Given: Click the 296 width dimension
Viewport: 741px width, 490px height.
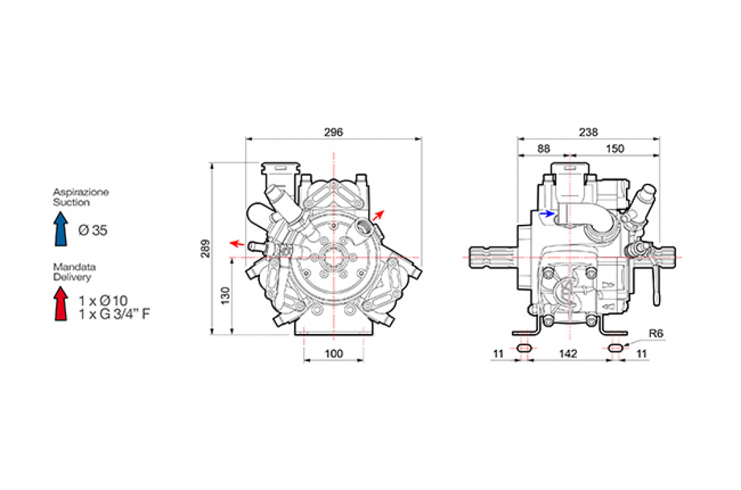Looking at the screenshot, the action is point(333,132).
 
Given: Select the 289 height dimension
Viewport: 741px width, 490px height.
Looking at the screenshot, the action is point(206,249).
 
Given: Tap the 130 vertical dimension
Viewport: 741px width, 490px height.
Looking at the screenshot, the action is point(226,296).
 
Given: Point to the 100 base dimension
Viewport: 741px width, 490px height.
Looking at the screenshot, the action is point(333,354).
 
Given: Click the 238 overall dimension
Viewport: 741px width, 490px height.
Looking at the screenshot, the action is point(588,132).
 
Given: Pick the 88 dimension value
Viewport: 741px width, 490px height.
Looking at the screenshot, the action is point(544,149).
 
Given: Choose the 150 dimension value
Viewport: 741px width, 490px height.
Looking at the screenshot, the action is point(615,149).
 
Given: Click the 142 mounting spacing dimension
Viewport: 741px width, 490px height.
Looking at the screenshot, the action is point(568,354).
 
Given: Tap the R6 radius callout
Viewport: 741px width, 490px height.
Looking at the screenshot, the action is point(656,333).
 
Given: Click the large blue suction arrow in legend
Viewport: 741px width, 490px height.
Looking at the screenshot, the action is point(60,229).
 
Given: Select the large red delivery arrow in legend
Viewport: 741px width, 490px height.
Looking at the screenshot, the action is point(60,304).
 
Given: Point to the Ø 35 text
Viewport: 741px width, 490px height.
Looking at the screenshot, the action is point(93,231).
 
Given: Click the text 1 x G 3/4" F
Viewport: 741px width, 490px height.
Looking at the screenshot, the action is point(114,313).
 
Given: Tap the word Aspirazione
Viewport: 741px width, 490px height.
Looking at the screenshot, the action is point(81,192).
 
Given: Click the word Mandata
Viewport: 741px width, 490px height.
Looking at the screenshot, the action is point(74,267).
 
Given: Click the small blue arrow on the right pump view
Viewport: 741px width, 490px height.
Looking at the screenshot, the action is point(547,214).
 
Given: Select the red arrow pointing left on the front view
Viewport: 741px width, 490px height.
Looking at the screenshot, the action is point(237,243).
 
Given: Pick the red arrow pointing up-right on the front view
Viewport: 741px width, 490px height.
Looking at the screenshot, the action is point(378,216).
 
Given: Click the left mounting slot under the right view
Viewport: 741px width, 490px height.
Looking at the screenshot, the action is point(524,348).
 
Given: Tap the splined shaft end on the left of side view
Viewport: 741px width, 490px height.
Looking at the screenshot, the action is point(492,257).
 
